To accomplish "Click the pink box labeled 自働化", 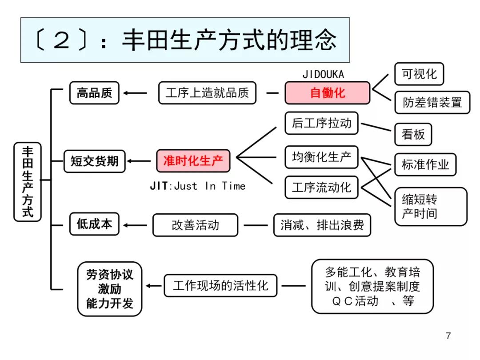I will pyautogui.click(x=327, y=93).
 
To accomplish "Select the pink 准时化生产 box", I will pyautogui.click(x=193, y=160).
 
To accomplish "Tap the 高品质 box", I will pyautogui.click(x=94, y=93).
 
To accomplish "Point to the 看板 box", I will pyautogui.click(x=413, y=134).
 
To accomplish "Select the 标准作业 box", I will pyautogui.click(x=425, y=165).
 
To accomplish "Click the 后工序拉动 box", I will pyautogui.click(x=321, y=123).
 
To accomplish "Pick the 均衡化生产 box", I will pyautogui.click(x=321, y=157).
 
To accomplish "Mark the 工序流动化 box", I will pyautogui.click(x=321, y=187).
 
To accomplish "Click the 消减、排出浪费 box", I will pyautogui.click(x=322, y=225).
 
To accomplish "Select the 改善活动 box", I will pyautogui.click(x=195, y=225).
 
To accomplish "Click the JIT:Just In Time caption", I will pyautogui.click(x=197, y=186).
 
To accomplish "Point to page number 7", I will pyautogui.click(x=448, y=336).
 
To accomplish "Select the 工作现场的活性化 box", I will pyautogui.click(x=220, y=285).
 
